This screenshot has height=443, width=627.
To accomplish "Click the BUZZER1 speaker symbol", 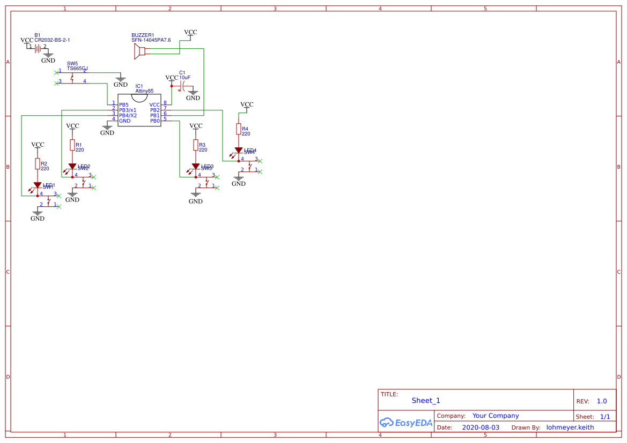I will pyautogui.click(x=139, y=51).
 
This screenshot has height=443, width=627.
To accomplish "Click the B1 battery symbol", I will pyautogui.click(x=38, y=48).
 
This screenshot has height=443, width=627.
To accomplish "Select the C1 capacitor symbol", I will pyautogui.click(x=184, y=86).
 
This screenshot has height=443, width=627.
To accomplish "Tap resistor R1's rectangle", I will pyautogui.click(x=72, y=145).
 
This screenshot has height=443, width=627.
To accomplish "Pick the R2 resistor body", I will pyautogui.click(x=38, y=164).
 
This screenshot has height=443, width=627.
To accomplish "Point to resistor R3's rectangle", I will pyautogui.click(x=196, y=145).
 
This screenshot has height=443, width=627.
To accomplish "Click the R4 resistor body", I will pyautogui.click(x=239, y=129).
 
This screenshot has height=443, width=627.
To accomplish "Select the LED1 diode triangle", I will pyautogui.click(x=38, y=185).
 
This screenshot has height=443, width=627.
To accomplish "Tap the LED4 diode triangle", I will pyautogui.click(x=239, y=151).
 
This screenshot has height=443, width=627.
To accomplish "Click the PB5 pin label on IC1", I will pyautogui.click(x=124, y=104).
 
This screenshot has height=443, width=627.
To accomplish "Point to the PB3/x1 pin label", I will pyautogui.click(x=128, y=110).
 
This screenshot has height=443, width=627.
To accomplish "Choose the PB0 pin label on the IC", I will pyautogui.click(x=155, y=121).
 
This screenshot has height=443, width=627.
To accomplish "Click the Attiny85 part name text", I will pyautogui.click(x=144, y=91).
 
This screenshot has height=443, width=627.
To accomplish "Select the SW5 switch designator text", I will pyautogui.click(x=72, y=63).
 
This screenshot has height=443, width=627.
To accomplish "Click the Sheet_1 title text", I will pyautogui.click(x=426, y=400).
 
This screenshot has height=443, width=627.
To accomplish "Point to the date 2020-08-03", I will pyautogui.click(x=481, y=427).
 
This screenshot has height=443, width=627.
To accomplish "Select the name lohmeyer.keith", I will pyautogui.click(x=570, y=427).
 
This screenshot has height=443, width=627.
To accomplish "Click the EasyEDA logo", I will pyautogui.click(x=405, y=423).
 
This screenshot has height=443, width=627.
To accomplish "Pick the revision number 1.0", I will pyautogui.click(x=602, y=401).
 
